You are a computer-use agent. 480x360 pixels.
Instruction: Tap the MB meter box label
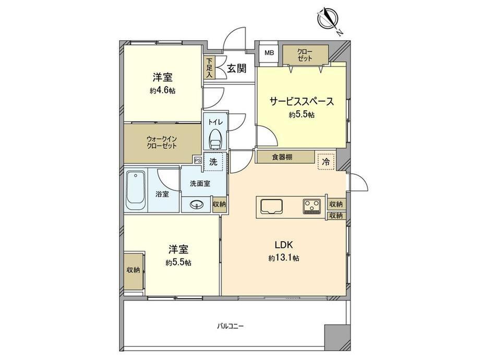click(x=269, y=53)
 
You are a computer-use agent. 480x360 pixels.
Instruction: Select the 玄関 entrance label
click(x=237, y=68)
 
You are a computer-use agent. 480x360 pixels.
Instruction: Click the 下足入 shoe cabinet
click(x=210, y=68)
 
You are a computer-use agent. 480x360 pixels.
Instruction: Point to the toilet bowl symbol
click(x=216, y=138)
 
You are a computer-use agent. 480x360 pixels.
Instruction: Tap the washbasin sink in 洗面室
click(x=196, y=205)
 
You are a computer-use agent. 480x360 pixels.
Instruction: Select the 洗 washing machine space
click(x=214, y=162)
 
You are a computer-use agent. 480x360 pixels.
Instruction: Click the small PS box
click(x=197, y=160)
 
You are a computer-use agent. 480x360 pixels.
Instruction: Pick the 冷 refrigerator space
click(x=326, y=161)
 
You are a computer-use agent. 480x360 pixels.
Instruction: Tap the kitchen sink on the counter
click(x=272, y=207)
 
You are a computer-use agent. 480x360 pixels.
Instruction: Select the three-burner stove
click(x=312, y=206)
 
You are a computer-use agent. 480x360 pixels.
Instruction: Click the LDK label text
click(x=284, y=245)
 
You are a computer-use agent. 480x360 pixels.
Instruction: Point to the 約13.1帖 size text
click(x=284, y=258)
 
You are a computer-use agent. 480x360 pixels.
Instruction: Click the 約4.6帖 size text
click(x=162, y=91)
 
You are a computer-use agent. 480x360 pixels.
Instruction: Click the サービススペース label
click(x=302, y=101)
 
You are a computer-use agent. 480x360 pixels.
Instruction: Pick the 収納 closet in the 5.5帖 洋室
click(x=134, y=271)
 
